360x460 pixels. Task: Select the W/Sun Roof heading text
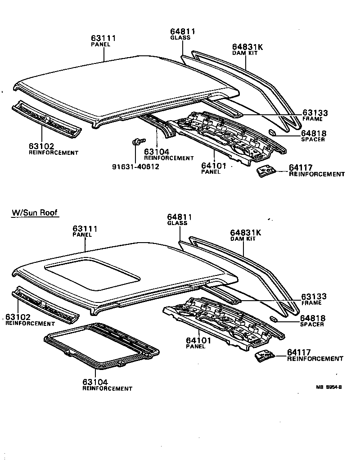[x=35, y=213]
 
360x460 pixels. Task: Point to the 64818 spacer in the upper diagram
[x=272, y=132]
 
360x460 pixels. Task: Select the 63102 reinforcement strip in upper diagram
[x=47, y=118]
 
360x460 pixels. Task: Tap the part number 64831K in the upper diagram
[x=247, y=47]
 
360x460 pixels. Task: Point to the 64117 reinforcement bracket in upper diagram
[x=266, y=171]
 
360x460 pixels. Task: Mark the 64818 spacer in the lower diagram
[x=272, y=319]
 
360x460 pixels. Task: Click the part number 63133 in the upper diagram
[x=315, y=113]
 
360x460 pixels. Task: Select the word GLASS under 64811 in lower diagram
[x=177, y=223]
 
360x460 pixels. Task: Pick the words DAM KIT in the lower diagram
[x=243, y=239]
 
